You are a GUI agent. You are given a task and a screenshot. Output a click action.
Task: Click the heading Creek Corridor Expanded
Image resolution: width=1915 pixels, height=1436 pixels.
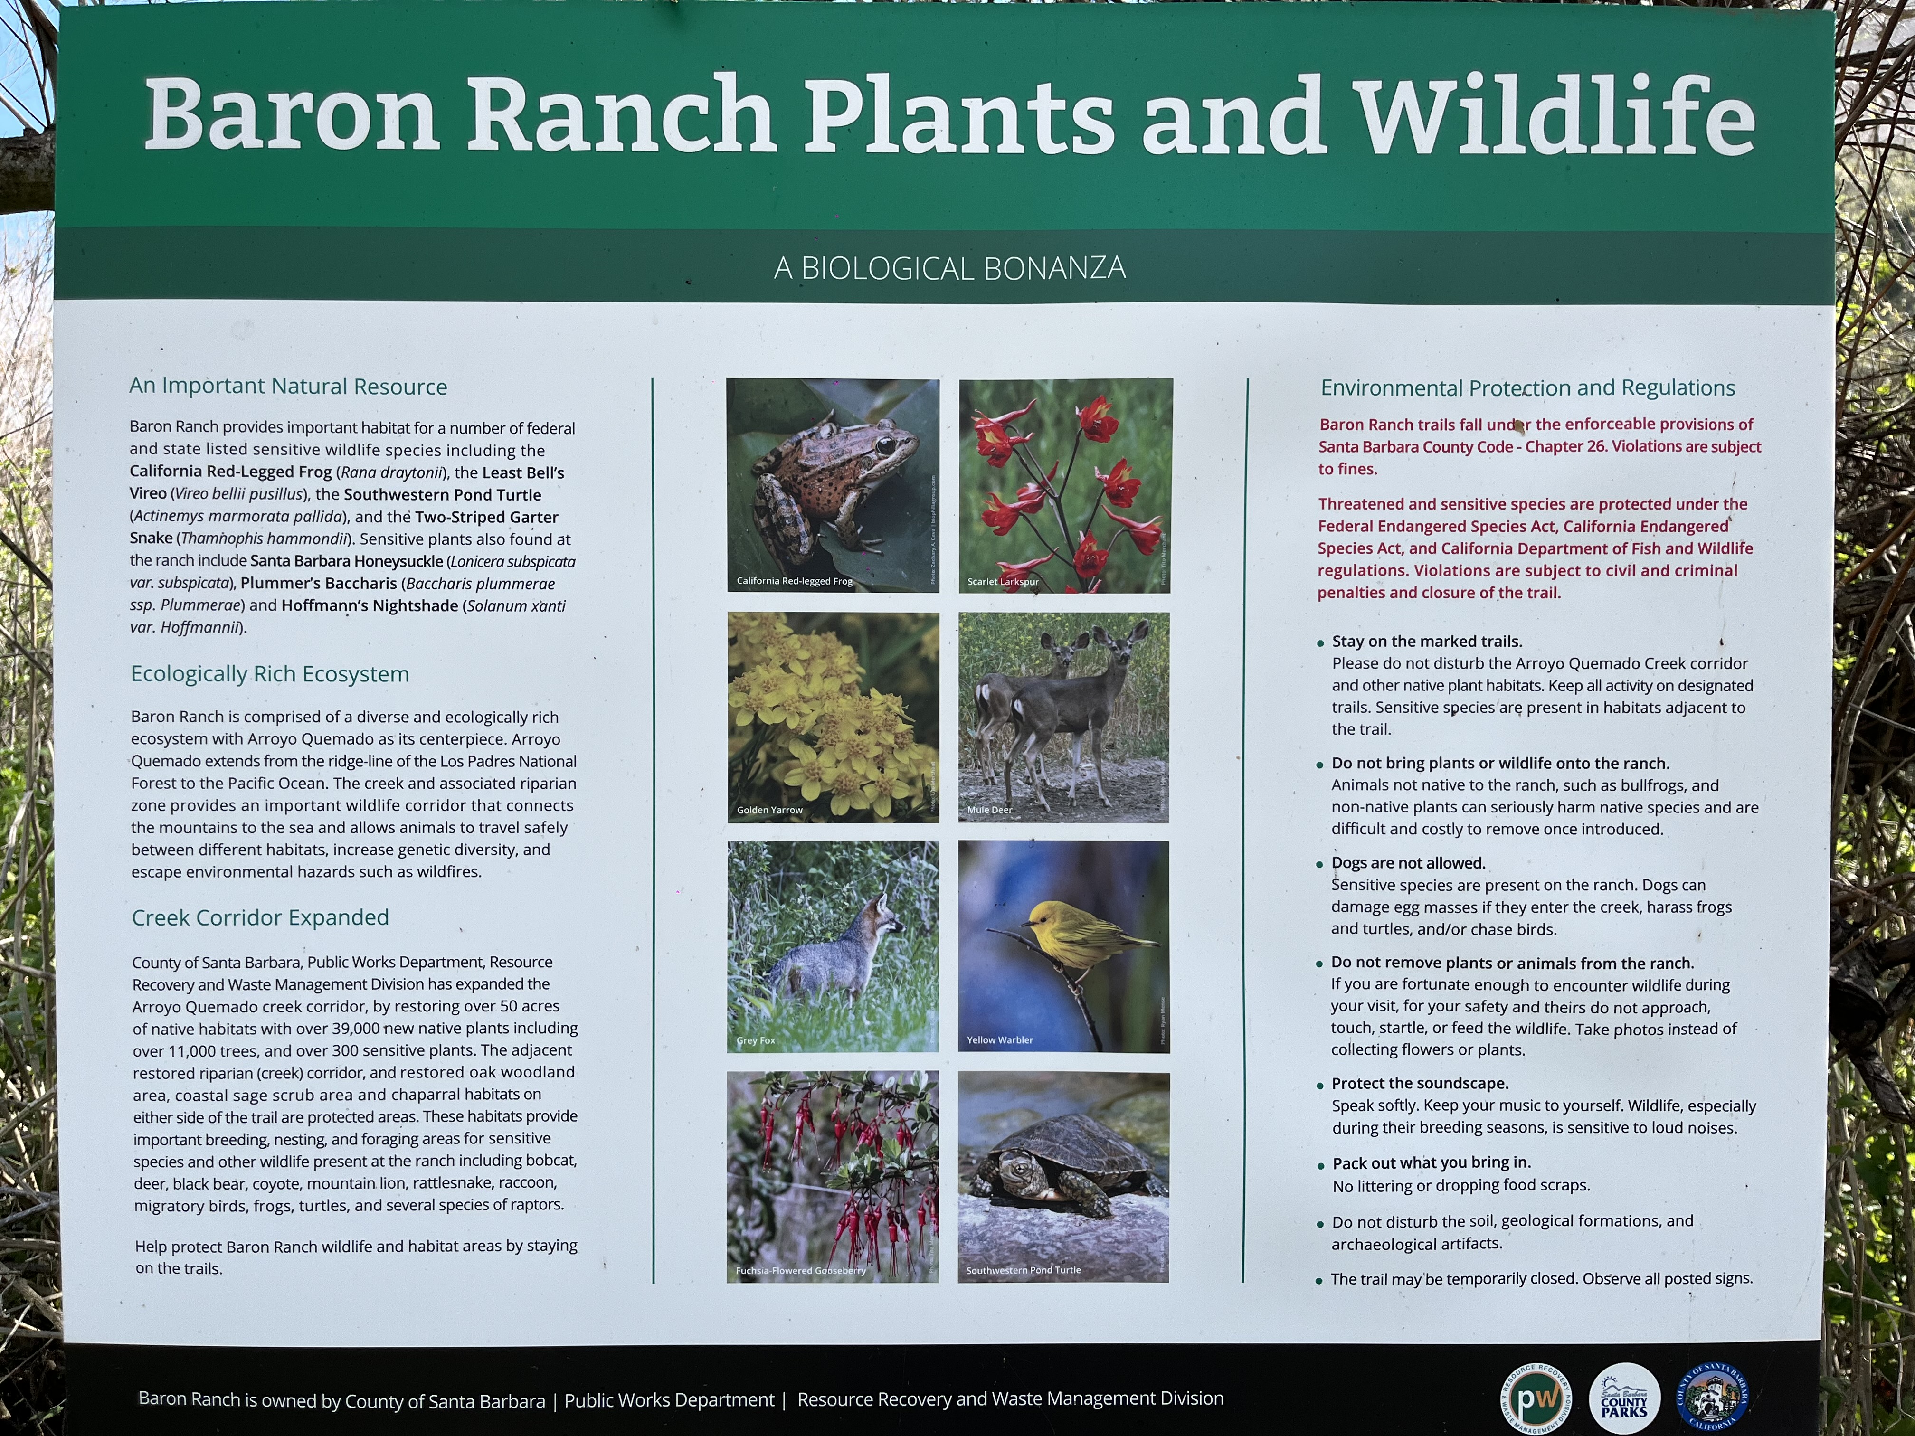tap(260, 917)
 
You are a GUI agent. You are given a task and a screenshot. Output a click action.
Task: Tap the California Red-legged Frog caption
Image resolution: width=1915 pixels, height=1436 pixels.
tap(794, 581)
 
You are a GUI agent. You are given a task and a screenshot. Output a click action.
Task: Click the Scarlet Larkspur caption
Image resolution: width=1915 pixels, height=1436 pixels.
tap(1003, 582)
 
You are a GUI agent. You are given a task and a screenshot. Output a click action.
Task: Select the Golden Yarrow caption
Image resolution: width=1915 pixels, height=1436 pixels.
tap(769, 810)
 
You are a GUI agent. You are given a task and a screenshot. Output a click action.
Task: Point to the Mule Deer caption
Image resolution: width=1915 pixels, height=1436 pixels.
tap(989, 810)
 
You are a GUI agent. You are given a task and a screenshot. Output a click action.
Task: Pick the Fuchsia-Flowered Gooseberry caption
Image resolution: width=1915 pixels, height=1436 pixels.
tap(800, 1271)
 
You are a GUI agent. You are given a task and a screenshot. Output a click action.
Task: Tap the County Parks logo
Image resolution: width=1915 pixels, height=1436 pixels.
tap(1624, 1399)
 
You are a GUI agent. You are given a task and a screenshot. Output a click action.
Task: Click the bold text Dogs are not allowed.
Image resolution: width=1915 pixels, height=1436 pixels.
tap(1408, 863)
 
